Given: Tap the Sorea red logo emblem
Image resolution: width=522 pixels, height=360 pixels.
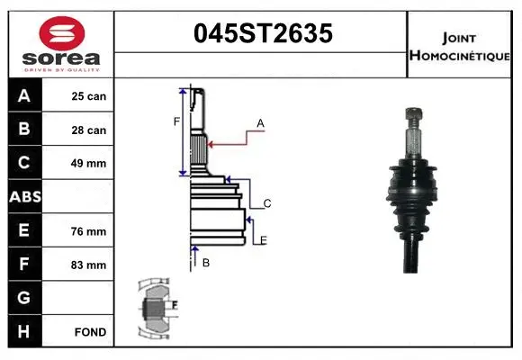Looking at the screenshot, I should (x=60, y=36).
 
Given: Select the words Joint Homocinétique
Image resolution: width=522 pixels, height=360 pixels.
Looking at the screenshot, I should (x=460, y=46).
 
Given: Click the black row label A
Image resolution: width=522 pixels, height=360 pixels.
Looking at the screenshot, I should (x=24, y=96).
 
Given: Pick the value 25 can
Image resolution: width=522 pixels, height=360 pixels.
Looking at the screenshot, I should (x=89, y=96).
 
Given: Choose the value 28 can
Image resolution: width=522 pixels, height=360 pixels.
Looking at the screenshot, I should (x=89, y=130).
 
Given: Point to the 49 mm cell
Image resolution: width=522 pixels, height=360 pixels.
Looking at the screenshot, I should (x=89, y=164).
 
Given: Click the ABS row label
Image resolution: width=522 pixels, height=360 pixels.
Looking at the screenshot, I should (x=24, y=197).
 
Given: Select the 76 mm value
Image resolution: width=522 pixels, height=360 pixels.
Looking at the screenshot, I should (x=89, y=231).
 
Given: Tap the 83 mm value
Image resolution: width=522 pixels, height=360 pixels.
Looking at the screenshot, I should (x=89, y=265).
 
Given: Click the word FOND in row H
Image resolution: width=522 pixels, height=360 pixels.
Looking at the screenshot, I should (x=89, y=332).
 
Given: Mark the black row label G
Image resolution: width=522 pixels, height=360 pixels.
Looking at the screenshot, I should (x=24, y=298).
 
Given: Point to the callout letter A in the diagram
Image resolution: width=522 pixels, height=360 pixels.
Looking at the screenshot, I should (x=260, y=123).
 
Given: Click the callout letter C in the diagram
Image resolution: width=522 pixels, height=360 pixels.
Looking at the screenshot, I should (x=267, y=204).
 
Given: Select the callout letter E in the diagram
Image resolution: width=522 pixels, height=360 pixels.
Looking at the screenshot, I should (x=263, y=239).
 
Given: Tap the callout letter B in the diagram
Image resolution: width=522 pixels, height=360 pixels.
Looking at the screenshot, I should (x=206, y=263).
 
